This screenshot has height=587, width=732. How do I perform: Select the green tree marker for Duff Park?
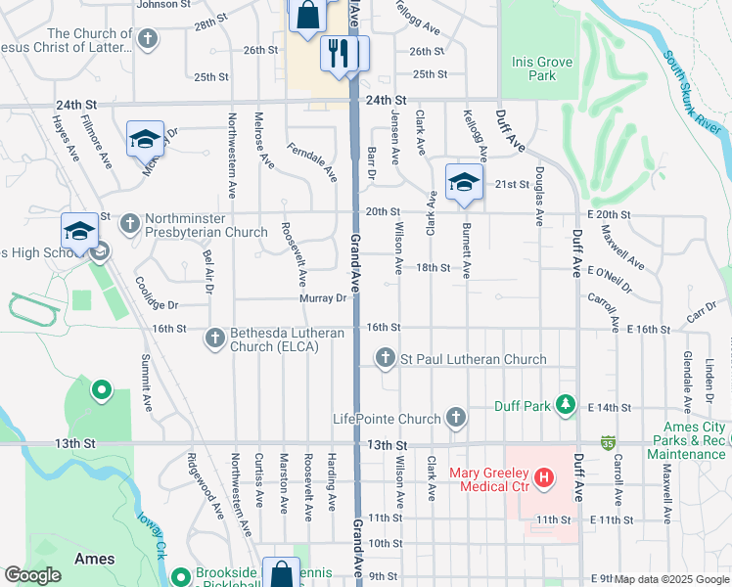(x=565, y=404)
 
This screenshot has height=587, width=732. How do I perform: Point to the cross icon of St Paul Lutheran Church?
(x=387, y=359)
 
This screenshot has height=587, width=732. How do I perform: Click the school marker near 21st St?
(x=464, y=182)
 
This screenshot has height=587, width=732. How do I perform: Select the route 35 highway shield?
(x=608, y=443)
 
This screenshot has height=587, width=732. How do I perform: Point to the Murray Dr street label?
(x=324, y=298)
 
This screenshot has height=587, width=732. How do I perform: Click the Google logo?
(x=33, y=575)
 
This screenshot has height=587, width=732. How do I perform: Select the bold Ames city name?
(x=94, y=559)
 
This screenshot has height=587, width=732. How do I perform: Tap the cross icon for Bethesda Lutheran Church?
(x=215, y=339)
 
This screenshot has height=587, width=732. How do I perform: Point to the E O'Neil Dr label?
(x=610, y=279)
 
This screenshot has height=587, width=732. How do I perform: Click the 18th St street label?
(x=432, y=267)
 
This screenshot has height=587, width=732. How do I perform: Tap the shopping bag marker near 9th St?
(x=281, y=574)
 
